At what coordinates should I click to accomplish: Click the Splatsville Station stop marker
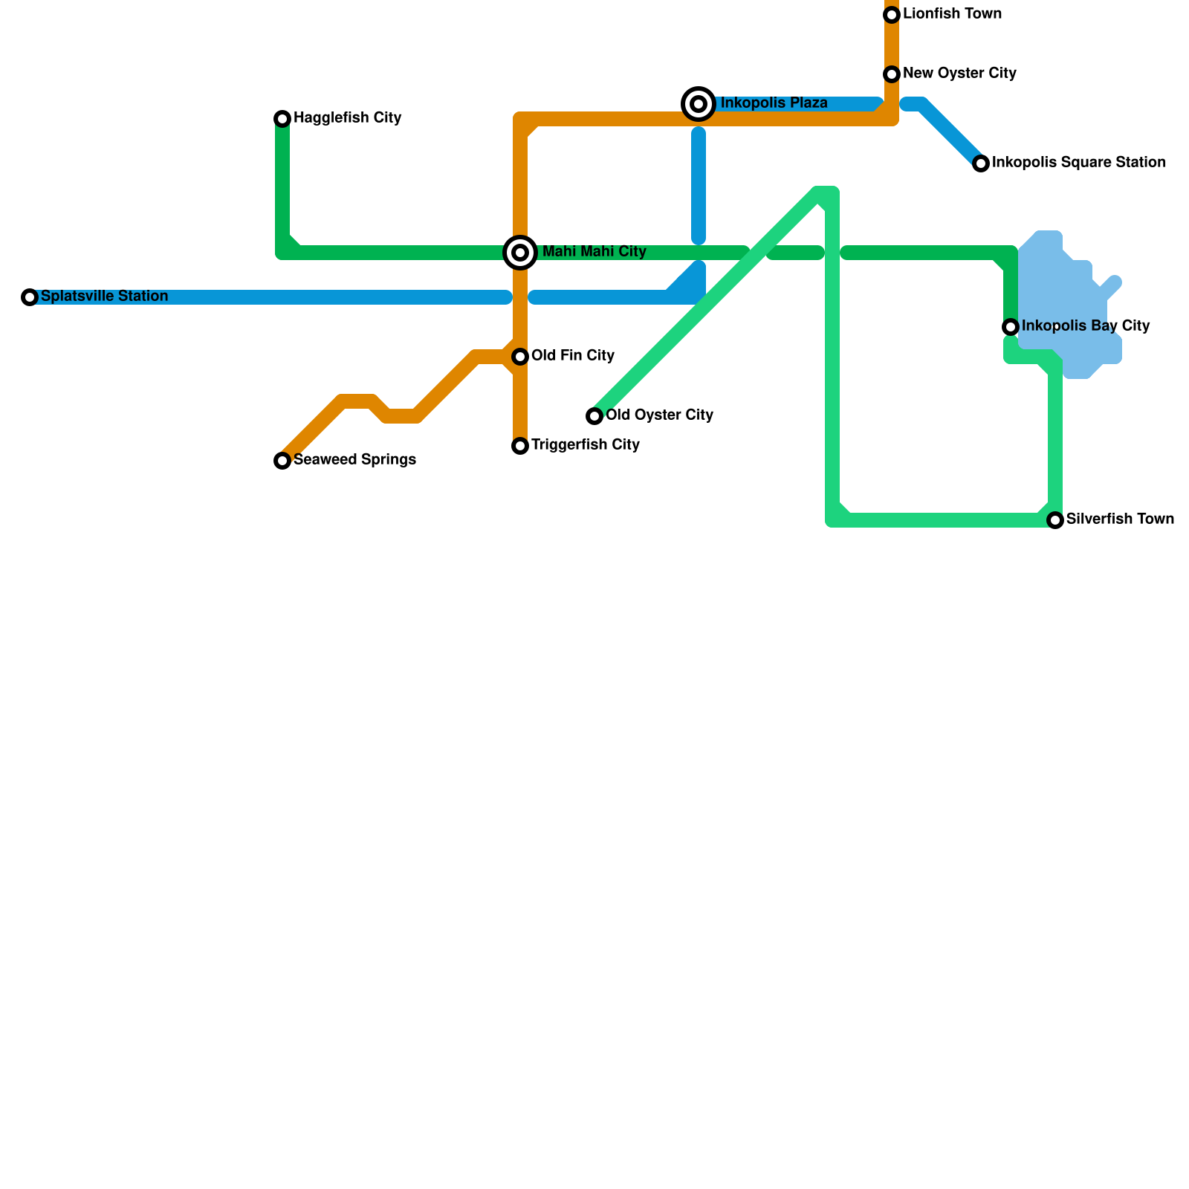tap(30, 297)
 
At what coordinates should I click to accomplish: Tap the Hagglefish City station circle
tap(282, 119)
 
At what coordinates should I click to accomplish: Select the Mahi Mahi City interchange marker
tap(520, 253)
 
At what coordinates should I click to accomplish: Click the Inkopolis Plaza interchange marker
tap(699, 104)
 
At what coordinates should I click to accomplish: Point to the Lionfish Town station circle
tap(892, 15)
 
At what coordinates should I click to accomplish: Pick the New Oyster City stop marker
tap(892, 74)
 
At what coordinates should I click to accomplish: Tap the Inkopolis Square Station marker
tap(981, 163)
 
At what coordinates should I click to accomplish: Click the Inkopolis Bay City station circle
tap(1011, 327)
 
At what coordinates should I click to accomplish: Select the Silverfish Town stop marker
tap(1055, 520)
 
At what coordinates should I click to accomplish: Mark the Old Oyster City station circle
tap(594, 416)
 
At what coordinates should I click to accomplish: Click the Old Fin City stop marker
tap(520, 357)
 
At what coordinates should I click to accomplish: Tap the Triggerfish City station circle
tap(520, 446)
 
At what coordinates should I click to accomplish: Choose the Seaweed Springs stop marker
tap(282, 461)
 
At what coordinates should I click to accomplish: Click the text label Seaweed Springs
tap(354, 460)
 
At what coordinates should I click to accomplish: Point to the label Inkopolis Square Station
tap(1078, 163)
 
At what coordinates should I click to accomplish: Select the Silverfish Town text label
tap(1120, 519)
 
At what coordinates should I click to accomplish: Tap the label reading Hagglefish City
tap(347, 118)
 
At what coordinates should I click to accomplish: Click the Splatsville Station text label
tap(104, 297)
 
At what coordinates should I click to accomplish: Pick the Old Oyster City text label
tap(659, 415)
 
